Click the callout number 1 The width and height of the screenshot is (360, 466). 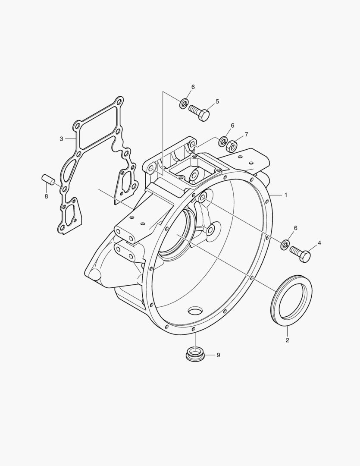[x=286, y=195]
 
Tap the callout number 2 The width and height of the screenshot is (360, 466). [x=288, y=340]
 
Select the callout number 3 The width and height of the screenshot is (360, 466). [x=62, y=139]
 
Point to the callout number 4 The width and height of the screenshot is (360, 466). [x=319, y=243]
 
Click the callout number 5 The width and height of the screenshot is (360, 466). [x=217, y=102]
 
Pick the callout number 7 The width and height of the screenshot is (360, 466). [x=246, y=135]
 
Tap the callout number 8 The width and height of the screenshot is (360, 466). [x=46, y=196]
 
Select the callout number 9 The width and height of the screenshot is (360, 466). [x=218, y=355]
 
